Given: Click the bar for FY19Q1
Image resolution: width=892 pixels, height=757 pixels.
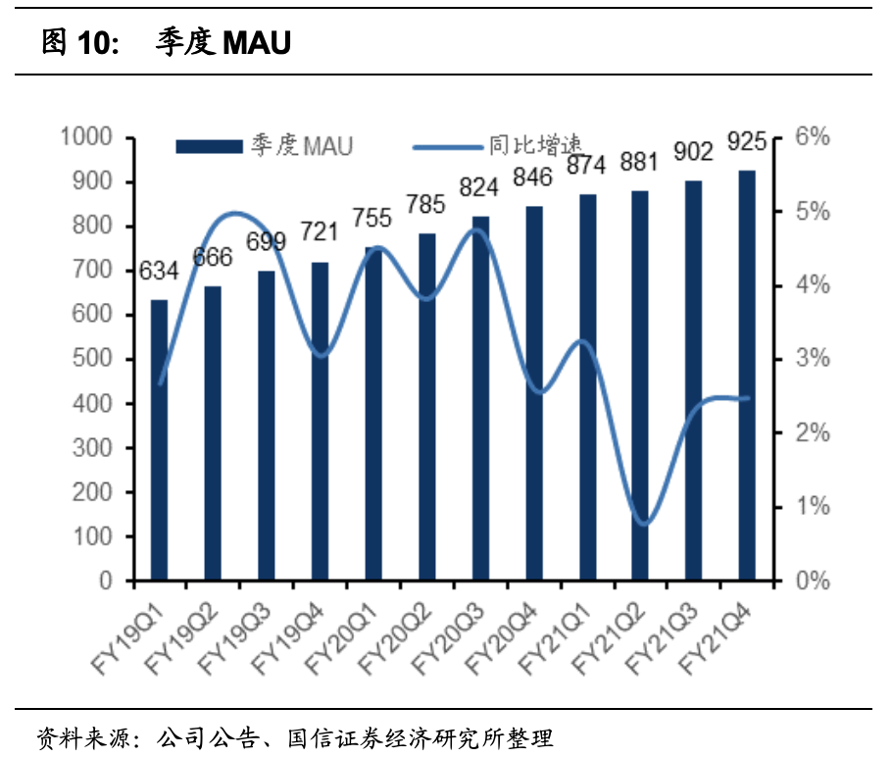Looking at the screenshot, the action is point(159,440).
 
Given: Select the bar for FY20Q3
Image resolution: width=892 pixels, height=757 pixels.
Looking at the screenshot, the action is point(480,398).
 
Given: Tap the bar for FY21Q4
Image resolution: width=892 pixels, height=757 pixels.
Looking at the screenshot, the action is point(747,376).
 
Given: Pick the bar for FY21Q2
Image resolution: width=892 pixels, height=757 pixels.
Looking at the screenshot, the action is point(640,386).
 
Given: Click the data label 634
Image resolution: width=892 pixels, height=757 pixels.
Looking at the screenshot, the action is point(159,271).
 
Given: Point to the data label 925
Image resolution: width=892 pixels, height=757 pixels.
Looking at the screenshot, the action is point(747,141).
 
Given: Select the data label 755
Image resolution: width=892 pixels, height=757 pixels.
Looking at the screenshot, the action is point(372,218).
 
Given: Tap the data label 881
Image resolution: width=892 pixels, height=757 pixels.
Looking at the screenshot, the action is point(639,162).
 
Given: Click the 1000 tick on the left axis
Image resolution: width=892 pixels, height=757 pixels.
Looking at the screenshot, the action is point(86,136).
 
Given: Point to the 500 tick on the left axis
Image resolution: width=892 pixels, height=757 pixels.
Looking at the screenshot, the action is point(92,359).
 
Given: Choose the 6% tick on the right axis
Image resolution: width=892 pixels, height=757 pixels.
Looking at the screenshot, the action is point(813,136).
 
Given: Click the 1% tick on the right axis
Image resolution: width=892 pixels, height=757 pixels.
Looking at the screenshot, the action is point(813,506).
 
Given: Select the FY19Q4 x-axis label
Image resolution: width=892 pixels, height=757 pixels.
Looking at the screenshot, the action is point(287,639).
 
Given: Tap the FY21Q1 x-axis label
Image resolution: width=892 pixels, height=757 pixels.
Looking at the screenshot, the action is point(555,639).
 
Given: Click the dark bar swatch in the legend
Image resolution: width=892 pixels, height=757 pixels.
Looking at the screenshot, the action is point(210,146).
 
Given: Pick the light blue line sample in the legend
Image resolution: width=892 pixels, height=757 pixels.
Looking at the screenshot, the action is point(448,147).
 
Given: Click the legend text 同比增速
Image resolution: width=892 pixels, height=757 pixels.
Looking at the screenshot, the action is point(536,145).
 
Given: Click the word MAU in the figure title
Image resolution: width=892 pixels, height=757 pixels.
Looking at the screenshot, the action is point(257,43).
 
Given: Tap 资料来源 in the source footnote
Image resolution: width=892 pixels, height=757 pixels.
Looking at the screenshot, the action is point(84,738).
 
